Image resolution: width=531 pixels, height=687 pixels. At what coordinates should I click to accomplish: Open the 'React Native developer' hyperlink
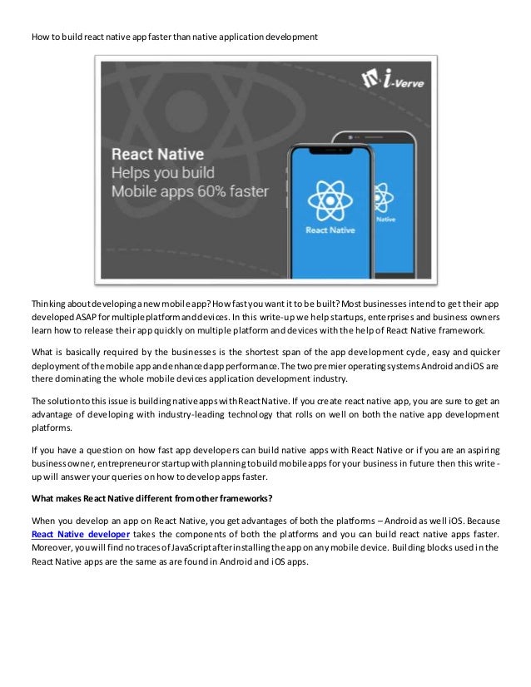[x=80, y=532]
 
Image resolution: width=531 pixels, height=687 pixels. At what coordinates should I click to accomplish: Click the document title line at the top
[x=174, y=37]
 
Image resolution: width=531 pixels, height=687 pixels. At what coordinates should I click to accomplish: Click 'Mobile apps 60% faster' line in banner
[x=191, y=191]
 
